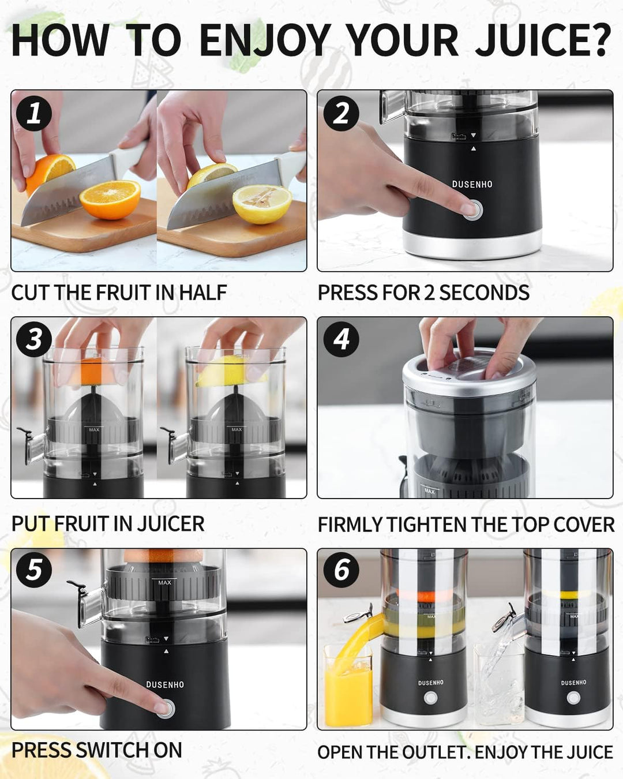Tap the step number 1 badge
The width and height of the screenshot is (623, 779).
pyautogui.click(x=34, y=113)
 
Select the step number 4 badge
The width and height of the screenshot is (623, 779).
pyautogui.click(x=341, y=339)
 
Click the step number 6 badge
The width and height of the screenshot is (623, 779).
pyautogui.click(x=341, y=570)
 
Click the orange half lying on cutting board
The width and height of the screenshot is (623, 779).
pyautogui.click(x=110, y=199)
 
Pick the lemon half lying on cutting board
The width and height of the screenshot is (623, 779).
pyautogui.click(x=262, y=204)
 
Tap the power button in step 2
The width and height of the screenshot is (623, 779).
pyautogui.click(x=472, y=209)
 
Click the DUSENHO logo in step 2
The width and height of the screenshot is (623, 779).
pyautogui.click(x=472, y=185)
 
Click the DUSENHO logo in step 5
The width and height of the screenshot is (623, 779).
pyautogui.click(x=165, y=685)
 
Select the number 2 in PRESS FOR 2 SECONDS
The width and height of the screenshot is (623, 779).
pyautogui.click(x=429, y=293)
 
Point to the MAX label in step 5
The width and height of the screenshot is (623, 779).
pyautogui.click(x=164, y=583)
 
